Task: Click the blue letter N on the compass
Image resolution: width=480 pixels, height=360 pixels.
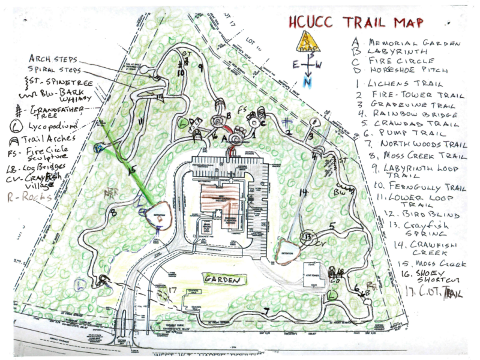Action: click(308, 82)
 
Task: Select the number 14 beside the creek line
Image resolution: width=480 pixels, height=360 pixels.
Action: click(304, 193)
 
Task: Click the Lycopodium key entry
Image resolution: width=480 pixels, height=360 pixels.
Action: click(48, 127)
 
